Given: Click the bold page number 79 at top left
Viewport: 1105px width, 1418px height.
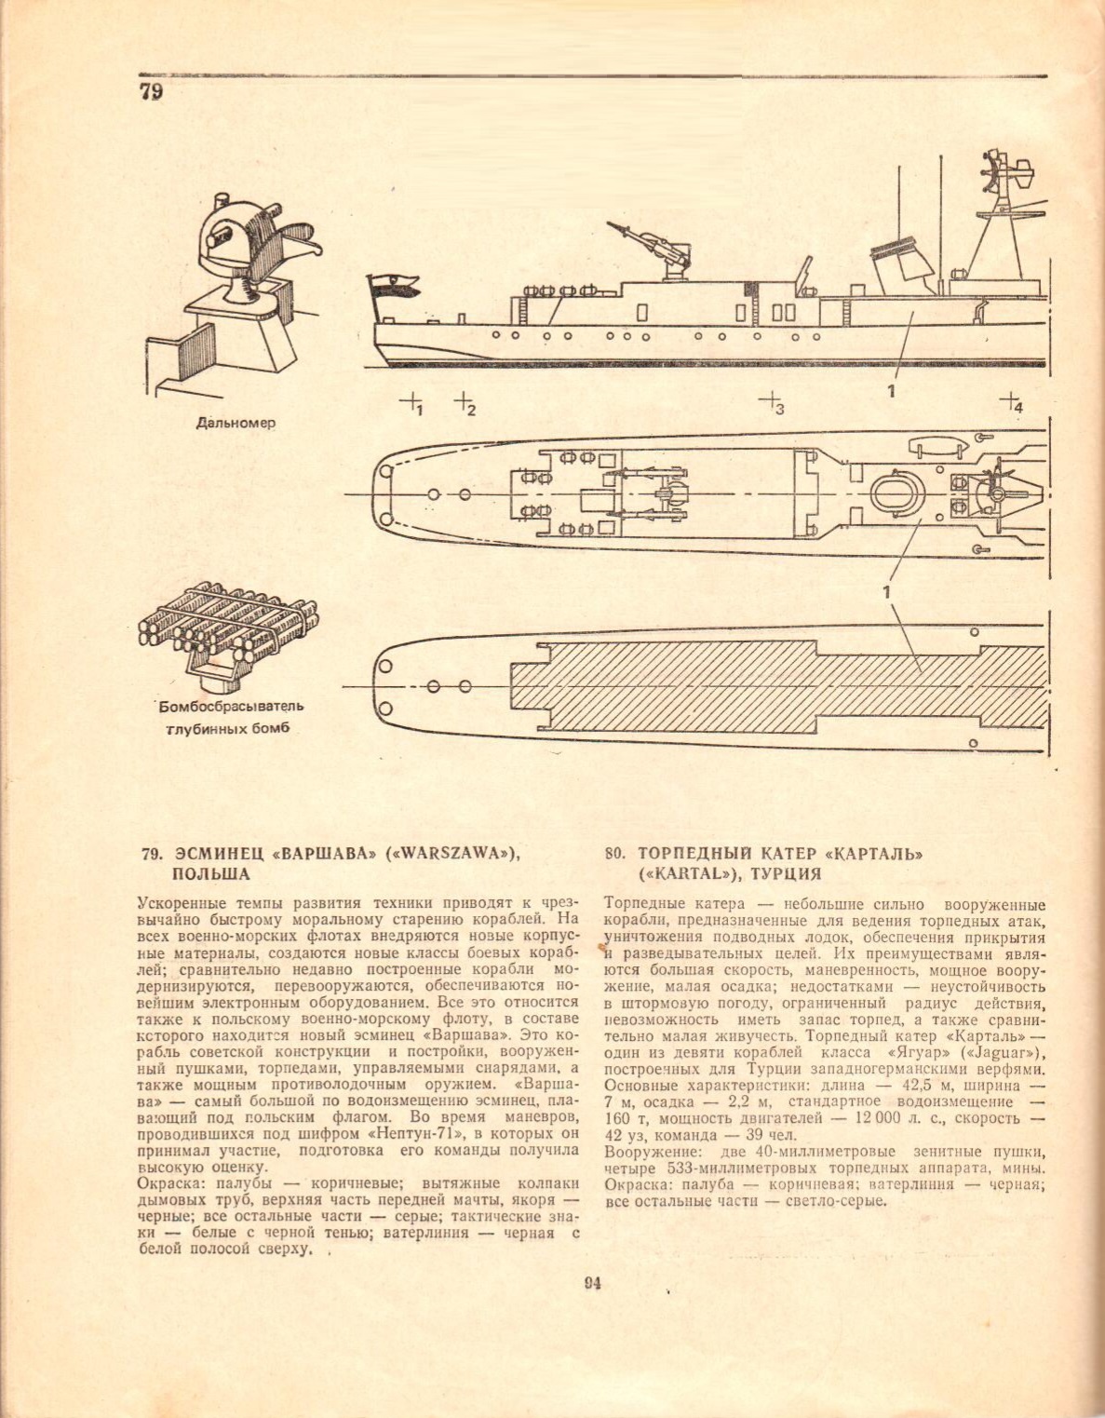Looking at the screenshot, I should click(x=151, y=91).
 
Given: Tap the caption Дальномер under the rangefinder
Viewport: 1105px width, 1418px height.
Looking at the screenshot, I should click(x=236, y=423).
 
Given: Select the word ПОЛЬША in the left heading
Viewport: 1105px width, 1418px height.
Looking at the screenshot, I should click(x=211, y=874).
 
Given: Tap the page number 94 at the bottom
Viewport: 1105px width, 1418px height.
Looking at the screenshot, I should click(x=592, y=1283).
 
